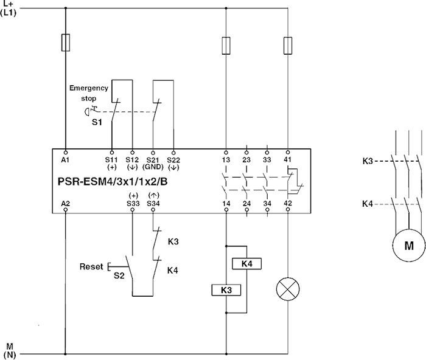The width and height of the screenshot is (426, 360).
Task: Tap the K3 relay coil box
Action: pos(226,290)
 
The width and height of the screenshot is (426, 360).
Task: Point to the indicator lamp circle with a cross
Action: pos(287,288)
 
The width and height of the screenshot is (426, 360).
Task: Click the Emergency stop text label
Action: pos(88,92)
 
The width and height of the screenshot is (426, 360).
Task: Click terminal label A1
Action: pos(65,160)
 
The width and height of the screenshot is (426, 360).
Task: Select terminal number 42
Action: pos(287,203)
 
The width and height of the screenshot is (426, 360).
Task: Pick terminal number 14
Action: pos(226,203)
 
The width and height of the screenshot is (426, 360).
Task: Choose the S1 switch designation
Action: pos(97,123)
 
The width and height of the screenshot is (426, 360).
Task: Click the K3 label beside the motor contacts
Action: pos(368,161)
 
